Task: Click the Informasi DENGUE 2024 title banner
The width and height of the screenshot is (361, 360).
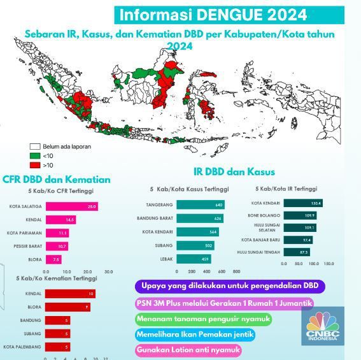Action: click(x=213, y=15)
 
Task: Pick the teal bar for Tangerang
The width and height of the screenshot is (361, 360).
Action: click(x=201, y=205)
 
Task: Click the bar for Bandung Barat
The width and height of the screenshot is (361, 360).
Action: click(x=200, y=218)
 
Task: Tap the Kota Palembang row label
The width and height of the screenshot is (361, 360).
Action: click(x=22, y=347)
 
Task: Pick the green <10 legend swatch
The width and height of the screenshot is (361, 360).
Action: click(x=35, y=155)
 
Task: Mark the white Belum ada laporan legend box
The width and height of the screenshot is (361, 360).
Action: click(x=35, y=147)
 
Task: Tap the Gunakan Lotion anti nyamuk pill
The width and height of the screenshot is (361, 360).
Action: click(x=189, y=350)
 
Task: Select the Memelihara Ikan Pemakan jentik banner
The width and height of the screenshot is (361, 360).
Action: click(x=201, y=335)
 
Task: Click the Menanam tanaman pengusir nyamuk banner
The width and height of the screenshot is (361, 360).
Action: click(x=203, y=319)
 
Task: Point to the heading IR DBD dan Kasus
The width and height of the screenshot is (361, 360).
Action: click(x=234, y=172)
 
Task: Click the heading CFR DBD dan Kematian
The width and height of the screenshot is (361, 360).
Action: click(x=57, y=180)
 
